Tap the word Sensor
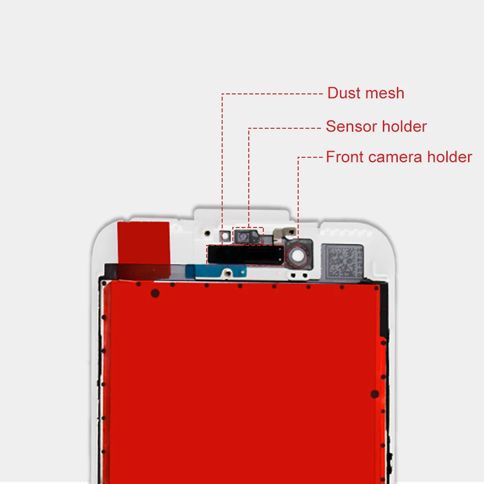coord(351,126)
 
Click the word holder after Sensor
coord(404,126)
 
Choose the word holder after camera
coord(450,157)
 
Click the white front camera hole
coord(298,256)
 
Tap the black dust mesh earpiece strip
coord(246,255)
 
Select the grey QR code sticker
coord(342,260)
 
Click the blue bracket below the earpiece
coord(216,272)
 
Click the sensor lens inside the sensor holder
coord(243,237)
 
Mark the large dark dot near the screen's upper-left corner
coord(155,293)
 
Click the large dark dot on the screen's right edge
coord(375,394)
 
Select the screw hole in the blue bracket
coord(228,273)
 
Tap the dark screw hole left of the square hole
coord(208,233)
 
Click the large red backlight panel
coord(244,383)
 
